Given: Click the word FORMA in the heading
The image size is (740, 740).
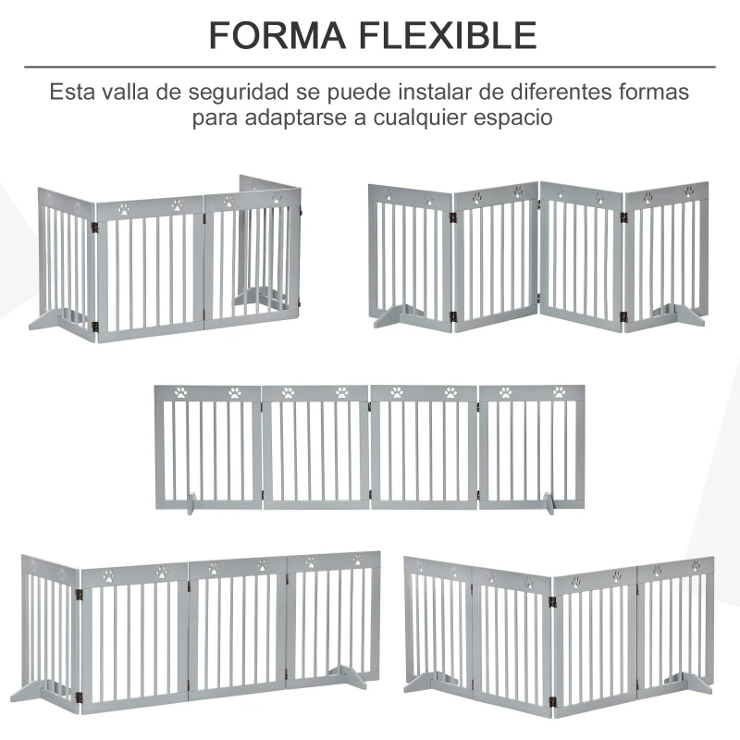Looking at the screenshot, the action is coord(277,35).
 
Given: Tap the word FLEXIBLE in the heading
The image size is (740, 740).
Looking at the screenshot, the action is coord(448,35).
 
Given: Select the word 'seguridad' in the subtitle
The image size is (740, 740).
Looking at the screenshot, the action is coord(239,93).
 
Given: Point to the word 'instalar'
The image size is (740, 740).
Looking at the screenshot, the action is coord(434,92).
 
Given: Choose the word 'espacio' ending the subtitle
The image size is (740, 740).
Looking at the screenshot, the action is coord(513,118).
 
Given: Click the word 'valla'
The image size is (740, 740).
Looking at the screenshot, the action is coord(125,92).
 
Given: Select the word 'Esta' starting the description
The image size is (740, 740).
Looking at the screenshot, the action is coord(71,92).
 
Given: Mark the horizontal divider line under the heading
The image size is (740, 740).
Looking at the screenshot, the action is coord(370,67).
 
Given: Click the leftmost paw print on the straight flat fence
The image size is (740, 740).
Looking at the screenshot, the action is coord(180,392).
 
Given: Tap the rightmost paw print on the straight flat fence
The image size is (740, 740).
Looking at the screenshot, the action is coord(559,392).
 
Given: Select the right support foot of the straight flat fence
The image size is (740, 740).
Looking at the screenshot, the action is coord(548,503).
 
